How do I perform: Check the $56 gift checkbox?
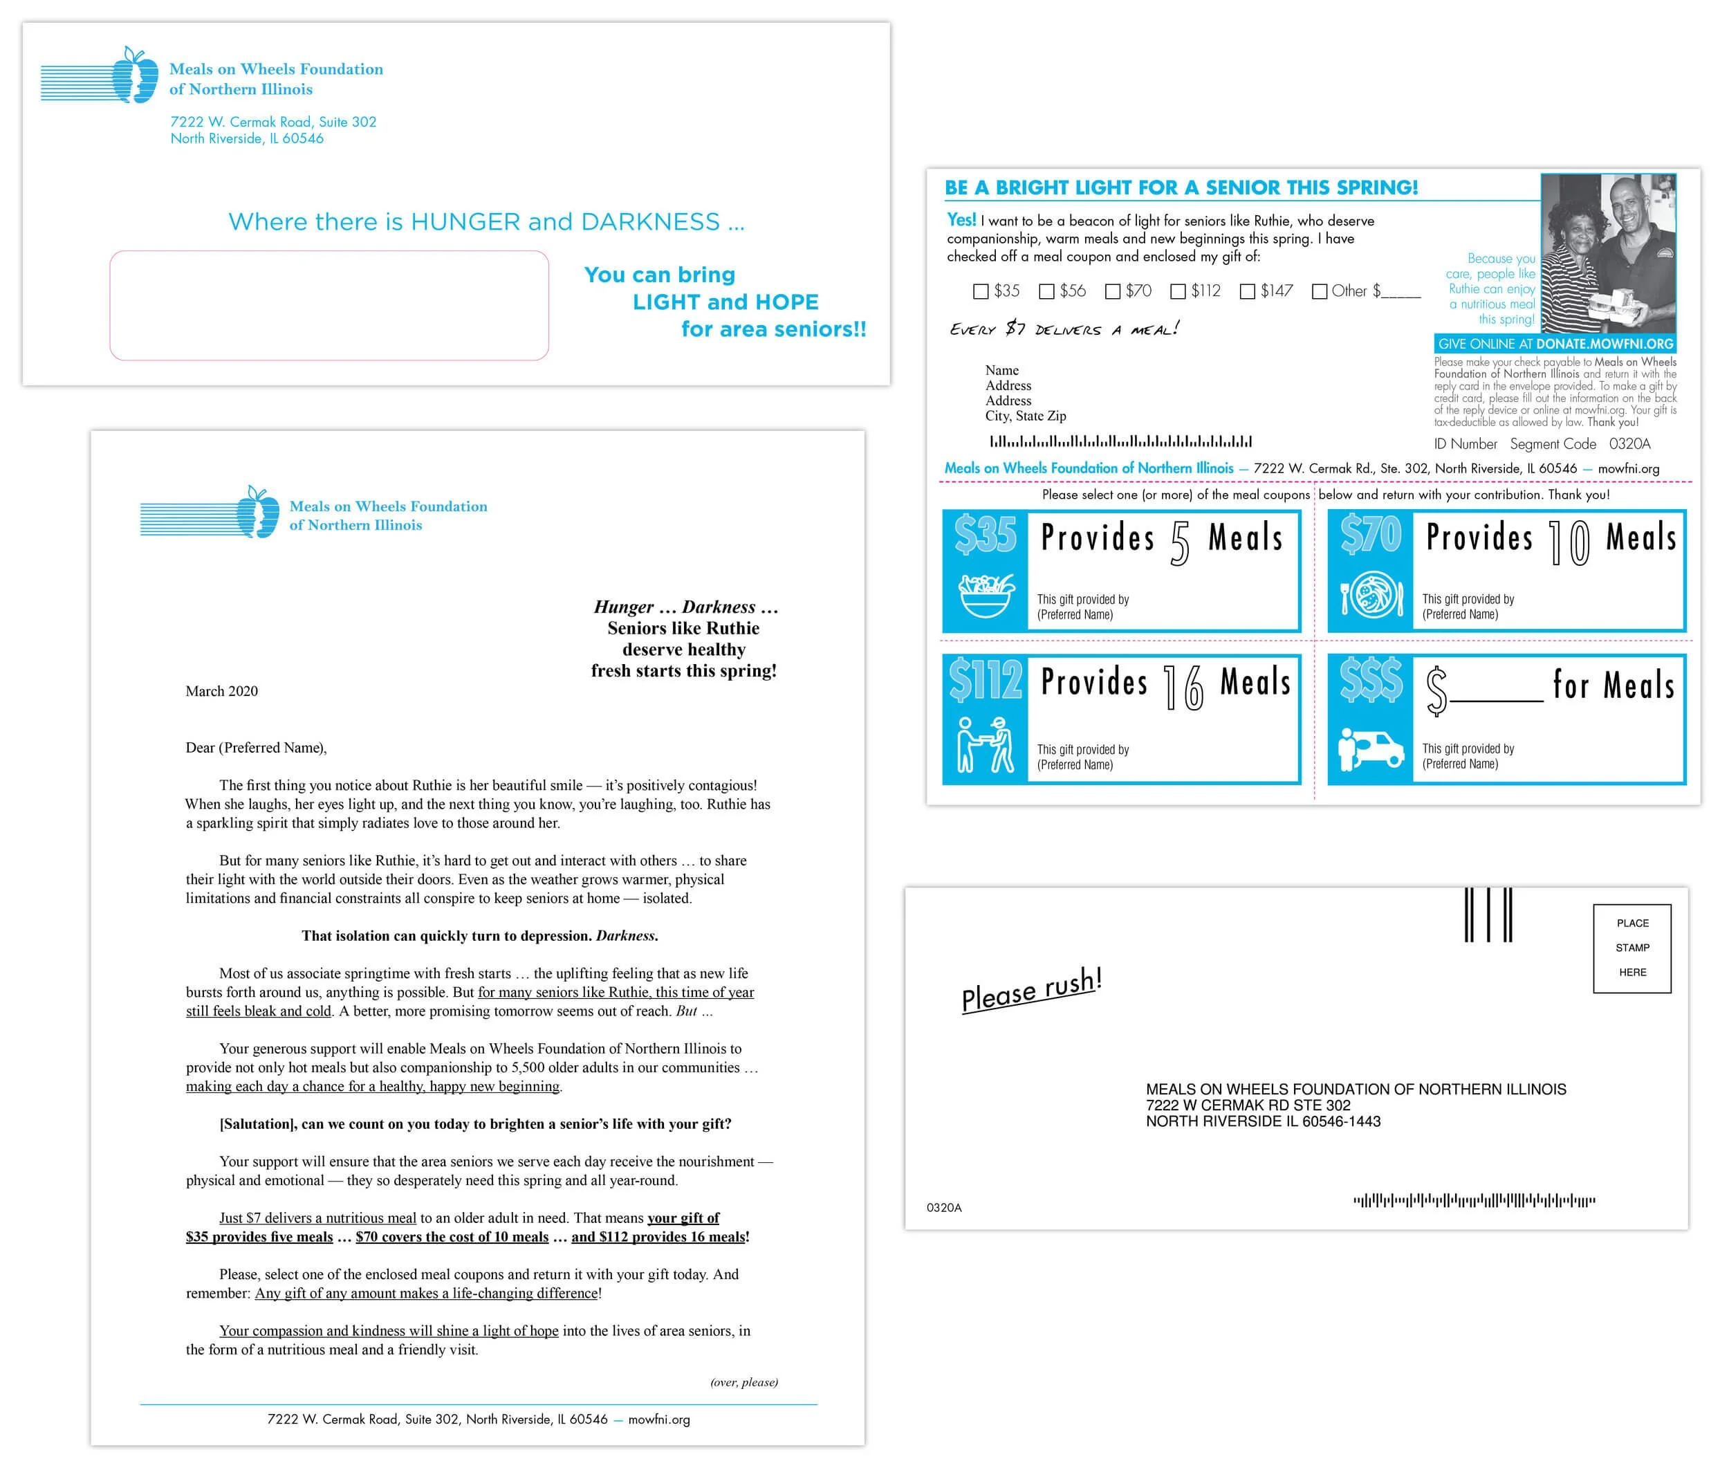pos(1046,291)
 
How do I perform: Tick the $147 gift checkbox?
pos(1248,291)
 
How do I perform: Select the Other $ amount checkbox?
pos(1320,291)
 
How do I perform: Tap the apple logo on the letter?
pos(258,513)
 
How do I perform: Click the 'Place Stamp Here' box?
pos(1631,948)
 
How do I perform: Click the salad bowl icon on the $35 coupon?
pos(986,594)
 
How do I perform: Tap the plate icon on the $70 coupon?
pos(1371,595)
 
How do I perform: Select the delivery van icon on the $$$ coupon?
pos(1371,748)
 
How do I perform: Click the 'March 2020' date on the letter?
pos(221,691)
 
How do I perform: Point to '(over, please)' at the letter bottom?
pos(743,1382)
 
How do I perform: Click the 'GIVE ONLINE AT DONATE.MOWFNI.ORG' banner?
pos(1555,344)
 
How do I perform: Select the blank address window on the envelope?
pos(329,306)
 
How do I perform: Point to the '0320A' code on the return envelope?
pos(944,1208)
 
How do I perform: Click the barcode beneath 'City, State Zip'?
pos(1120,441)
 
